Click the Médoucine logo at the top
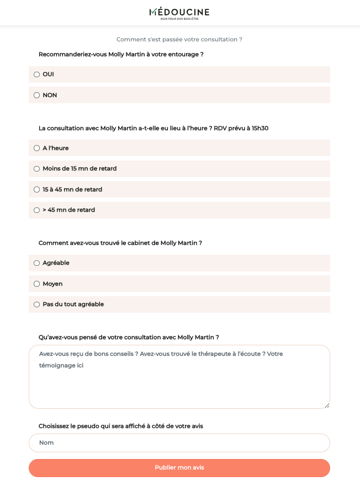tap(179, 13)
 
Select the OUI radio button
tap(37, 74)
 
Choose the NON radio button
tap(37, 95)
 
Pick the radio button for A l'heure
tap(37, 148)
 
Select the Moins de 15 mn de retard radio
tap(37, 169)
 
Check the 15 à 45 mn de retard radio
tap(37, 190)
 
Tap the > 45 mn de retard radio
tap(37, 210)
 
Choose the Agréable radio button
tap(37, 263)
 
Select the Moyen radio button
tap(37, 284)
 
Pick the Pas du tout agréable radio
tap(37, 304)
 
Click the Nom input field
tap(179, 443)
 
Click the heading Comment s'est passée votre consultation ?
tap(179, 40)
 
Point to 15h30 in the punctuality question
tap(260, 129)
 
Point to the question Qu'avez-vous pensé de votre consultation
tap(129, 338)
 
